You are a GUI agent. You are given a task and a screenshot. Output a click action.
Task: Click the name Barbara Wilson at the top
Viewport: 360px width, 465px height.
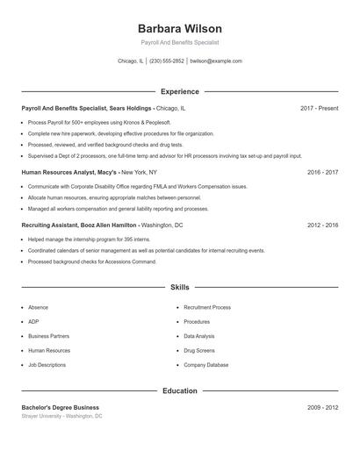180,29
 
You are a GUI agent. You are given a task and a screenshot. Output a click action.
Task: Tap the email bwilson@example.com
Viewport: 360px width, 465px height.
216,61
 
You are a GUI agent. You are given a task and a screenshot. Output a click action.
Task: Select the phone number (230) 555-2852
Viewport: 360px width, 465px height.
167,61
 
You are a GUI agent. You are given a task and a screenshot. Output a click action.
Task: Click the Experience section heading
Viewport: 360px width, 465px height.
180,91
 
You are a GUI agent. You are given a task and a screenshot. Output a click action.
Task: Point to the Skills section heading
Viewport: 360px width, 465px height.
180,287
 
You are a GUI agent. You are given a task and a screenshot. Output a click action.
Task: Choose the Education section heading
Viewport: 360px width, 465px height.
180,390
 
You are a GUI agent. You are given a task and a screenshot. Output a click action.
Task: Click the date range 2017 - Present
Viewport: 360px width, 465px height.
319,108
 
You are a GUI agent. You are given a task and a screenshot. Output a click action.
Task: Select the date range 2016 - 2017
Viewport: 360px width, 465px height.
322,172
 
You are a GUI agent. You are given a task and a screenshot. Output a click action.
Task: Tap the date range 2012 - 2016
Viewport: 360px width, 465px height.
322,225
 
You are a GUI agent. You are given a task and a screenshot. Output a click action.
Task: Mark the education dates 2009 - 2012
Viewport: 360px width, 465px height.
322,407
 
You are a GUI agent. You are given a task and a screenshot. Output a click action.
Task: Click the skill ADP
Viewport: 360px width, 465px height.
33,322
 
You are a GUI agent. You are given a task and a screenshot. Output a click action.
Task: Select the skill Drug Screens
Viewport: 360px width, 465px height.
199,350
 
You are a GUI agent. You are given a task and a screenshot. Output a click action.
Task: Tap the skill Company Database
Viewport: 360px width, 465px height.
205,364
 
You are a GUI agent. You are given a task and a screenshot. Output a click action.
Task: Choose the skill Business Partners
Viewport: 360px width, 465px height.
48,336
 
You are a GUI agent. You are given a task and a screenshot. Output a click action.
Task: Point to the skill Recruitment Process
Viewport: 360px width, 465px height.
207,308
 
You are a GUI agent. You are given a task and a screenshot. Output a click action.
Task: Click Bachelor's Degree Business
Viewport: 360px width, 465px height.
60,407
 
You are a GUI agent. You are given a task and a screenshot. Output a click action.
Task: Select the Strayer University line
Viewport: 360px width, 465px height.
61,416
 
